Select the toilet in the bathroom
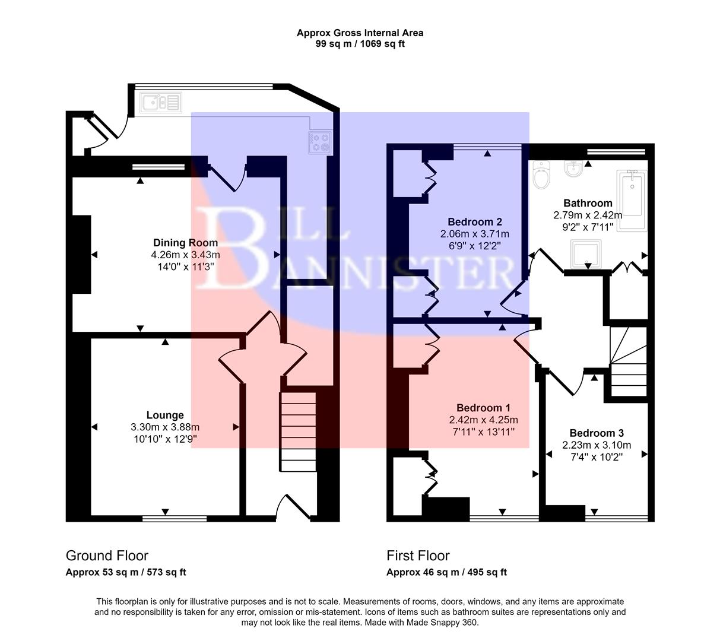click(x=541, y=174)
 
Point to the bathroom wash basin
click(x=573, y=170)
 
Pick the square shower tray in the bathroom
click(x=586, y=254)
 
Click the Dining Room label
click(x=185, y=243)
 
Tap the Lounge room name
click(x=165, y=415)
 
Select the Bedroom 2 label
click(x=474, y=221)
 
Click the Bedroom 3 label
click(x=596, y=433)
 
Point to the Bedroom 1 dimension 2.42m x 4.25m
click(x=483, y=420)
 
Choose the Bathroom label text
click(x=587, y=203)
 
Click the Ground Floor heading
click(x=107, y=556)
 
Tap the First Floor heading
click(x=418, y=556)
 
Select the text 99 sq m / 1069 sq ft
click(x=360, y=44)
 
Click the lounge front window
click(x=175, y=518)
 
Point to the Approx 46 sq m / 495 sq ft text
click(x=446, y=573)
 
